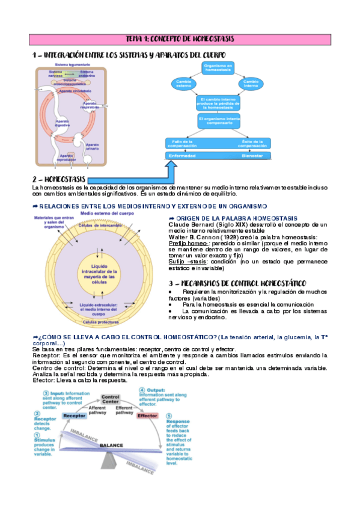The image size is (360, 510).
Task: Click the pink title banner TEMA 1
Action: point(180,39)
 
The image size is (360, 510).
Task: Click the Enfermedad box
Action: point(186,155)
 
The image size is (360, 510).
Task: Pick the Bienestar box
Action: point(252,155)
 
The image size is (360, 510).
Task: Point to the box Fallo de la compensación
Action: point(186,143)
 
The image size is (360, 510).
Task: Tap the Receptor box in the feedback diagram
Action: point(74,416)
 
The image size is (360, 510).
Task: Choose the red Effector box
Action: point(147,416)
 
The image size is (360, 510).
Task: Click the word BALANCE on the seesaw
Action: point(111,445)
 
